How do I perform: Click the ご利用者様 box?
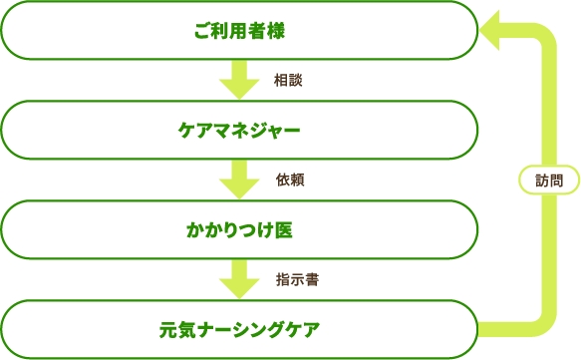(x=239, y=31)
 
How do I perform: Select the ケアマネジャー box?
(x=239, y=130)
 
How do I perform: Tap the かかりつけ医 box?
(x=239, y=229)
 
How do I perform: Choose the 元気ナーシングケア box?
(x=239, y=328)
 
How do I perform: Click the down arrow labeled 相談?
(x=239, y=80)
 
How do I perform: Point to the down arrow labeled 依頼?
(x=239, y=180)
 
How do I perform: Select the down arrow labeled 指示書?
(x=239, y=278)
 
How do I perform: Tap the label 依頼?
(x=290, y=180)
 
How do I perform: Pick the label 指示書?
(x=296, y=279)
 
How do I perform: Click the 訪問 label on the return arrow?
(x=548, y=180)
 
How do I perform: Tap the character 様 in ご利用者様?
(x=276, y=31)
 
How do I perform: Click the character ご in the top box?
(x=202, y=31)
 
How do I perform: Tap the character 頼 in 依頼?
(x=297, y=180)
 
